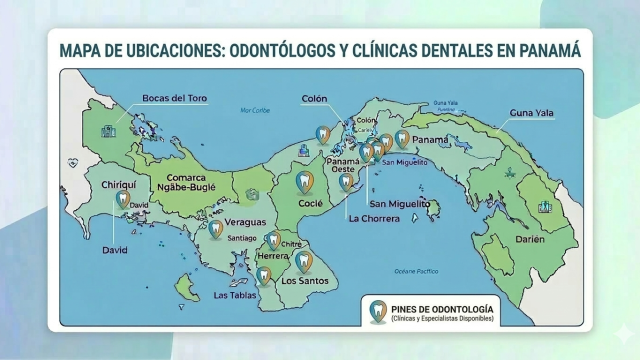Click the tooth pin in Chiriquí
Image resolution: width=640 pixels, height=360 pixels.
pyautogui.click(x=124, y=200)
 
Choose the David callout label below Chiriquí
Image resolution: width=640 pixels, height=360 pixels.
pyautogui.click(x=116, y=251)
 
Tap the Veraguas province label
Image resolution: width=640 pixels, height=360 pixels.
pyautogui.click(x=244, y=221)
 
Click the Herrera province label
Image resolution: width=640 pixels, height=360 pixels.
pyautogui.click(x=273, y=256)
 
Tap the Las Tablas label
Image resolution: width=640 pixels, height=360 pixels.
pyautogui.click(x=236, y=295)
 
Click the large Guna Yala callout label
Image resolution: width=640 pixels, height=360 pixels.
pyautogui.click(x=532, y=113)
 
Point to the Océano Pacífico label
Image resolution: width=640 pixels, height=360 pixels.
pyautogui.click(x=416, y=271)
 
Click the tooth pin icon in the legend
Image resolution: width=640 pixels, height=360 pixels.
pyautogui.click(x=376, y=311)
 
